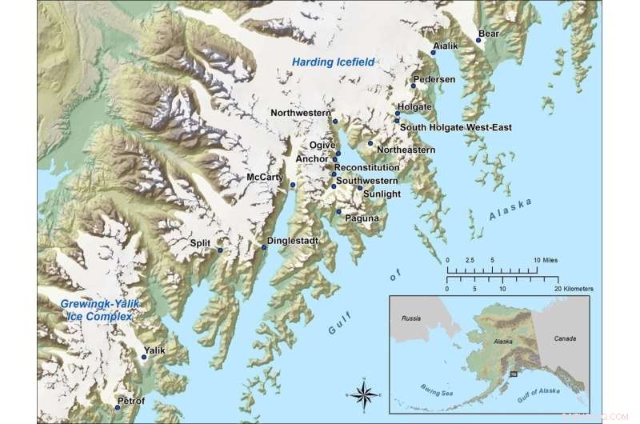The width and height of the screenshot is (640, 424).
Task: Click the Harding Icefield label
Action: pos(333,62)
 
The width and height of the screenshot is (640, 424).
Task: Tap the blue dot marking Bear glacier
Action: pos(479,41)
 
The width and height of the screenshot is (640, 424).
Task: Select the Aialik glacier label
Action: pos(446,46)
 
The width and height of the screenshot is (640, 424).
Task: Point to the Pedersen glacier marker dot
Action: pos(414,86)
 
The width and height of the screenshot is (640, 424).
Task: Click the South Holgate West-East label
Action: pos(455,127)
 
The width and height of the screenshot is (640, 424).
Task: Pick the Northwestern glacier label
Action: pos(300,113)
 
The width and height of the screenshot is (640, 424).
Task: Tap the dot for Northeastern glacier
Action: pos(370,143)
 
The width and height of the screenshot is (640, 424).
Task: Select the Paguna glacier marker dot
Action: pos(339,212)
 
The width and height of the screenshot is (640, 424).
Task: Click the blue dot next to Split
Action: pos(220,250)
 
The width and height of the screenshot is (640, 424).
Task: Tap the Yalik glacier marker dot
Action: pos(145,357)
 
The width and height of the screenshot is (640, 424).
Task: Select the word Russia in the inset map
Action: pos(410,317)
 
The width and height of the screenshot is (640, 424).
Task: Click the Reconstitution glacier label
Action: pos(366,168)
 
